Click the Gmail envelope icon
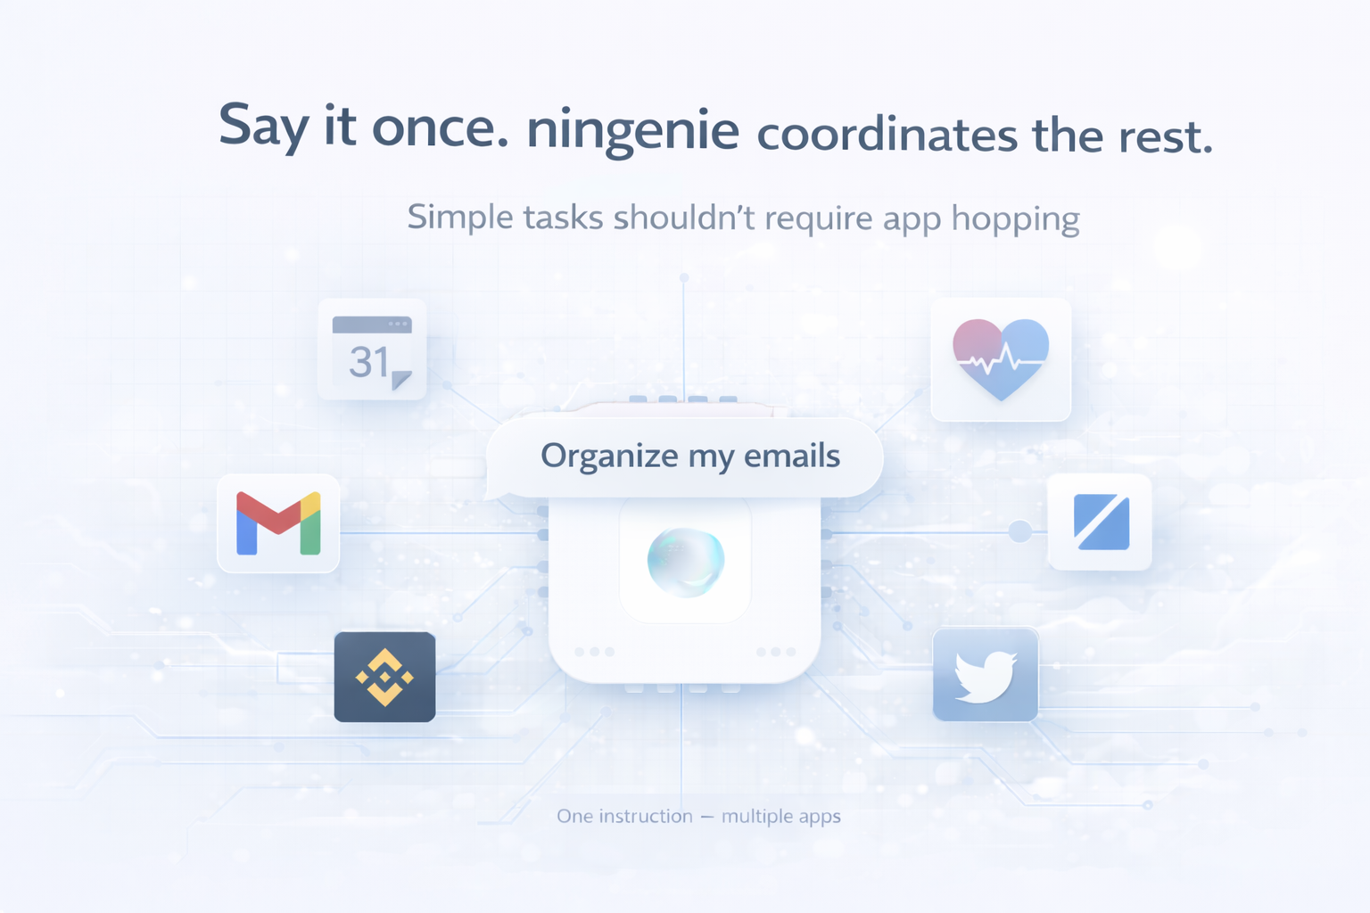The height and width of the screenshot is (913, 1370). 278,523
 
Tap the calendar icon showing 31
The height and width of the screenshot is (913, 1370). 372,350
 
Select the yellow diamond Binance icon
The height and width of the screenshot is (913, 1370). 384,677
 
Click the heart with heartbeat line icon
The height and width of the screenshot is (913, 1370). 1001,358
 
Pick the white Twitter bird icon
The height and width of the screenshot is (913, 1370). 985,676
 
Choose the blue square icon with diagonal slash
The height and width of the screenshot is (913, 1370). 1101,522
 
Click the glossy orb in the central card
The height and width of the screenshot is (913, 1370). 685,561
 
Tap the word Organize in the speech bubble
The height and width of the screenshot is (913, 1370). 609,456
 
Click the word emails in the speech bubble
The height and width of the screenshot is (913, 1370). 792,456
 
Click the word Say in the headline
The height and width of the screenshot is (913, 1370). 263,126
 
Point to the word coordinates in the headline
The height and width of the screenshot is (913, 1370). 887,136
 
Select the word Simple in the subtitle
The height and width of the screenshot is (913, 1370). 459,218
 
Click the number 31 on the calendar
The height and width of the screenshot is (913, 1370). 368,362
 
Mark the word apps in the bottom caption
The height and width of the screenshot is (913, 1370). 820,817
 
